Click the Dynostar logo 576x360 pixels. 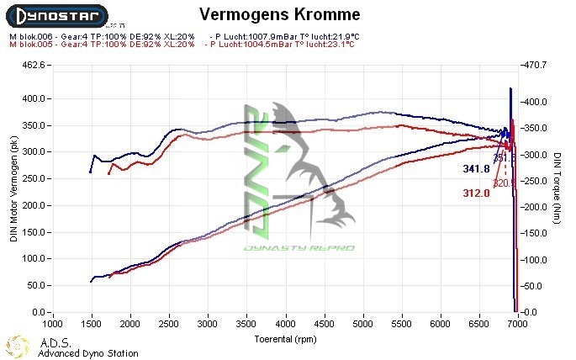[55, 15]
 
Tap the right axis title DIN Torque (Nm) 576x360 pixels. [557, 188]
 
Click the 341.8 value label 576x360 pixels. [476, 169]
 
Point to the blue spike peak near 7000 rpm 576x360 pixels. [510, 88]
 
